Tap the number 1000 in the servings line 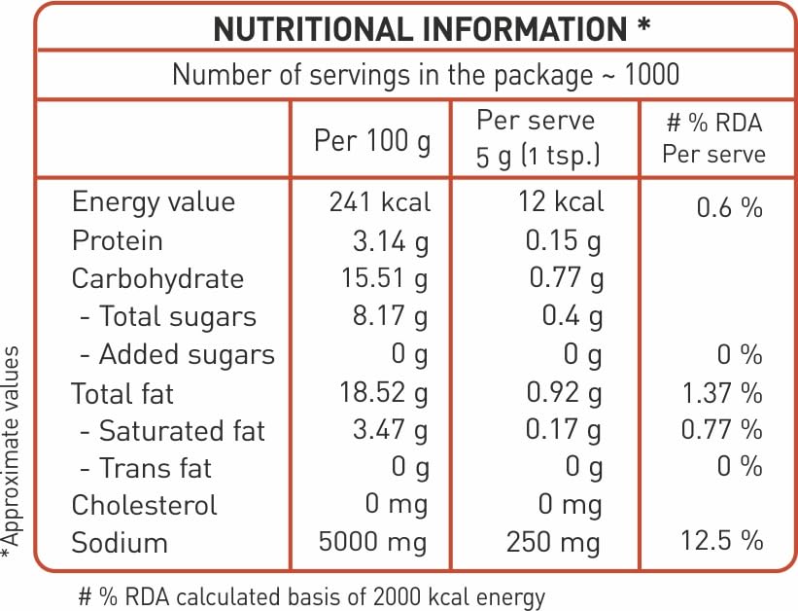click(652, 74)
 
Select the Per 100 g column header click(372, 141)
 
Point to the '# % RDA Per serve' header click(714, 138)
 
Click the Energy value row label click(154, 201)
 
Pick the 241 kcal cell click(380, 201)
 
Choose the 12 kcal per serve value click(561, 201)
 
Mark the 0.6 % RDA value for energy click(729, 207)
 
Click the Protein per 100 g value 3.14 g click(391, 241)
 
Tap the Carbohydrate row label click(157, 279)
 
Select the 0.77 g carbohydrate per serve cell click(566, 279)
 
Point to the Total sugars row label click(168, 316)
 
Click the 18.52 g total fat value click(384, 393)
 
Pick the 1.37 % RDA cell click(721, 394)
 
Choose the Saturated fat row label click(172, 431)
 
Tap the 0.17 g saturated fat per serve click(564, 431)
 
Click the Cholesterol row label click(145, 506)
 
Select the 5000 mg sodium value click(372, 542)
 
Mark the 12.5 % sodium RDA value click(721, 541)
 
